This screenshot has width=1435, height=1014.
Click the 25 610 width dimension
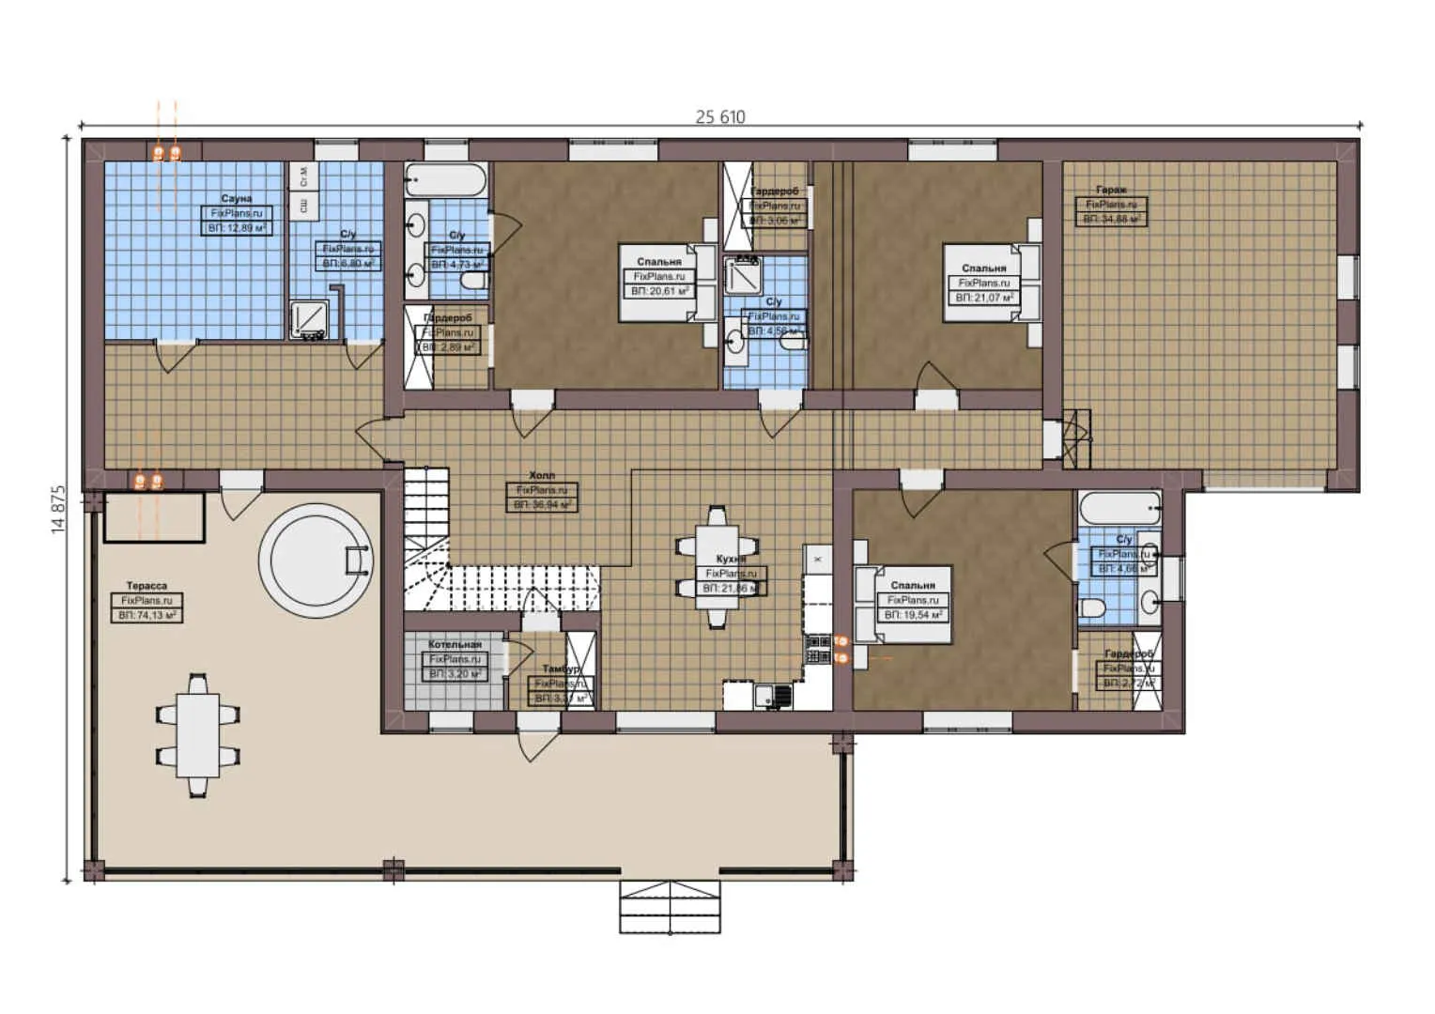tap(720, 117)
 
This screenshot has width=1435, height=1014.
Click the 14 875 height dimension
tap(58, 509)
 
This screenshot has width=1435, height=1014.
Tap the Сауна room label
tap(237, 199)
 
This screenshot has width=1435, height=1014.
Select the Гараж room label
tap(1111, 190)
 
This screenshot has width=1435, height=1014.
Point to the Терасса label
tap(147, 586)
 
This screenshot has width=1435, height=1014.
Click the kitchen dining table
tap(717, 567)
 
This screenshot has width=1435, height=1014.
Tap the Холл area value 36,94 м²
tap(542, 505)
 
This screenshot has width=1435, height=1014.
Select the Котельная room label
tap(455, 645)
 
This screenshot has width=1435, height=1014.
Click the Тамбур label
tap(560, 668)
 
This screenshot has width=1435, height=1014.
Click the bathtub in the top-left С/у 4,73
tap(446, 180)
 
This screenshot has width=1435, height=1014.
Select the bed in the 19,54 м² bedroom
tap(902, 604)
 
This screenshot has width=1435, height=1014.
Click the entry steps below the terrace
tap(670, 907)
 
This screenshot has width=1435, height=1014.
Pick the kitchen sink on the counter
tap(772, 696)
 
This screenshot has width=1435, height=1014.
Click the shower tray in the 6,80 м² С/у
tap(309, 318)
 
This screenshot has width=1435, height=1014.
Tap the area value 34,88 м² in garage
tap(1112, 219)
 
